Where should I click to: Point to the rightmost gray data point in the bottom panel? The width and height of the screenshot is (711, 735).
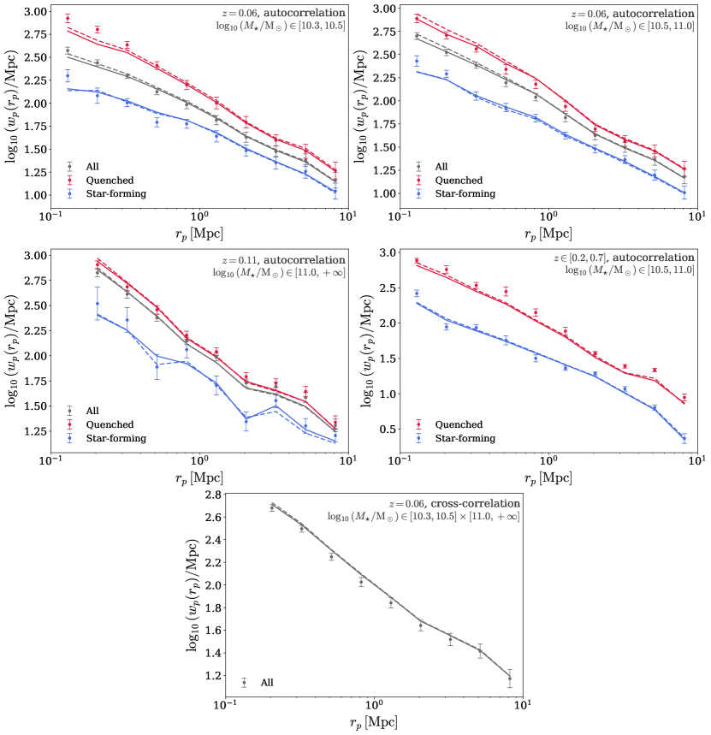pos(510,679)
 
